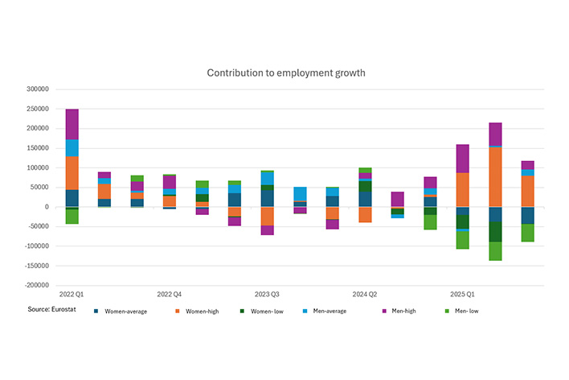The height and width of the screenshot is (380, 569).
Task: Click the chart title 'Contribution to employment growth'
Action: tap(286, 72)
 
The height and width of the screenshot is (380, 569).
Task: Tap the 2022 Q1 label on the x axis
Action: tap(72, 295)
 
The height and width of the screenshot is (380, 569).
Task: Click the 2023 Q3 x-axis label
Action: tap(267, 295)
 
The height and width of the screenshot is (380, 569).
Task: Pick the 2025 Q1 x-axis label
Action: tap(462, 295)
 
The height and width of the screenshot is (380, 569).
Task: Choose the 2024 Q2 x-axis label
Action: tap(365, 295)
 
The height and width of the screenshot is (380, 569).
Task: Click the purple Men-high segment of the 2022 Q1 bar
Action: tap(72, 124)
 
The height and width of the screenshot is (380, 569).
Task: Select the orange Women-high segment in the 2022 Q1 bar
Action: tap(72, 173)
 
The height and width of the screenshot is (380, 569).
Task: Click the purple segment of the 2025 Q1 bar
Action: tap(463, 159)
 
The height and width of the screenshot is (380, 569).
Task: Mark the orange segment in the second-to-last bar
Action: tap(495, 177)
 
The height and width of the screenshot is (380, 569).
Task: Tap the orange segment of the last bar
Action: tap(527, 191)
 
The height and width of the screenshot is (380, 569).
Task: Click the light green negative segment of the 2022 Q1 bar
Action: tap(72, 217)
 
